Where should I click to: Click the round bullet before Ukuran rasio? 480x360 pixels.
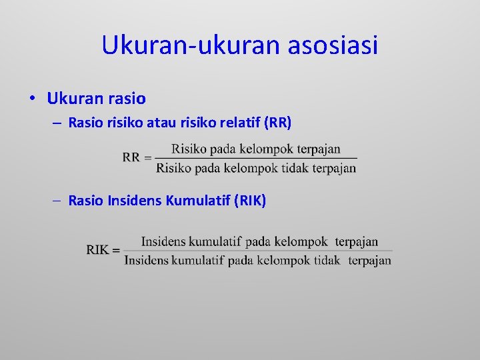(32, 99)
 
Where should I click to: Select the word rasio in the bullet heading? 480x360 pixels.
(125, 99)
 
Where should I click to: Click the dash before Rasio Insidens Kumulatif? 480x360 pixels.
(58, 201)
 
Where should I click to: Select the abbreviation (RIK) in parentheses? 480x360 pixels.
(251, 200)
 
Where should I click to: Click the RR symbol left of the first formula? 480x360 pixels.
(131, 157)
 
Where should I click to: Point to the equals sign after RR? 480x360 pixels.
(148, 157)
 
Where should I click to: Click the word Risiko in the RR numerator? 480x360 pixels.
(187, 149)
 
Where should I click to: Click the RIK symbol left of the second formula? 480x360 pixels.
(97, 250)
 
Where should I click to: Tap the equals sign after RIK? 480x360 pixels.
(116, 250)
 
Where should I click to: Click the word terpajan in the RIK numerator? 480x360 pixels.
(356, 241)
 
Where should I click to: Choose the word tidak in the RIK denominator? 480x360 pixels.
(327, 260)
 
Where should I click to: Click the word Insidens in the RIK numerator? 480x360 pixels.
(163, 241)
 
